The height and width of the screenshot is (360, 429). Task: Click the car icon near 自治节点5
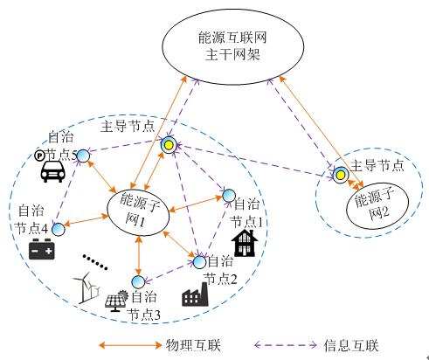click(52, 171)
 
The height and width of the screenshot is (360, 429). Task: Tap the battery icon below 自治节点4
click(42, 249)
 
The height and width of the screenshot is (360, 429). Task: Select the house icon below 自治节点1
click(245, 243)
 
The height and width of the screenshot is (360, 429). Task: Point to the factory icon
click(195, 294)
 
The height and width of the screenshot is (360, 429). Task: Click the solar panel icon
click(116, 301)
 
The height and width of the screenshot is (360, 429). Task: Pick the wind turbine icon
click(86, 287)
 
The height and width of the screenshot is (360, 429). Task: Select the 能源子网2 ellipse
click(377, 206)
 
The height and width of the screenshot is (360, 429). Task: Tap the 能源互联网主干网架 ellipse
click(232, 46)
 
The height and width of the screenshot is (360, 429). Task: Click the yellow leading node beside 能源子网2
click(341, 175)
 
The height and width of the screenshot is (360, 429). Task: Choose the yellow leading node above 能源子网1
click(169, 145)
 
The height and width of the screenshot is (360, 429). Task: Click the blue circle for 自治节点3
click(138, 282)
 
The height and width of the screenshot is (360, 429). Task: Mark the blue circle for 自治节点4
click(59, 229)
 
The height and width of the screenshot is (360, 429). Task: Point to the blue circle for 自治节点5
click(83, 156)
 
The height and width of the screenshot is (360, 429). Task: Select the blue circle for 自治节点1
click(229, 196)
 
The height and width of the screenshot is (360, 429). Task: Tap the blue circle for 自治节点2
click(199, 262)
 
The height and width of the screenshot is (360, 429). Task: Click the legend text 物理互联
click(193, 346)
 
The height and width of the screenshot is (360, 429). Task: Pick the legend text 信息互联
click(351, 346)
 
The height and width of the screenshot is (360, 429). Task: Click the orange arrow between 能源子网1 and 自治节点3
click(139, 256)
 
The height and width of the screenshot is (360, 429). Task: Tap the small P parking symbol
click(39, 156)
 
